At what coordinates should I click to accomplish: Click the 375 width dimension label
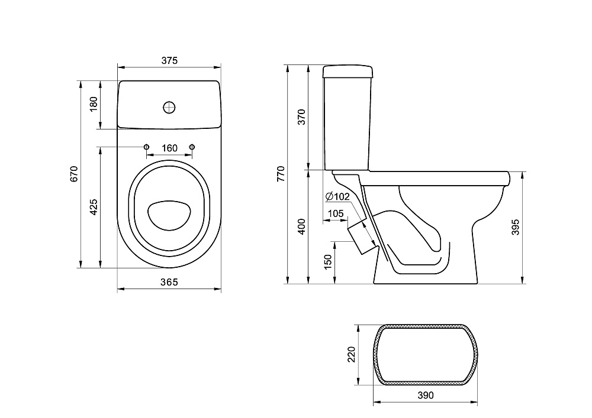tap(169, 60)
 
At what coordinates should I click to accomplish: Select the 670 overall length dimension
tap(73, 174)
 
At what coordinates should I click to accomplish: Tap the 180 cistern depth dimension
tap(94, 104)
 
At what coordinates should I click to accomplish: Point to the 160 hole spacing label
tap(169, 148)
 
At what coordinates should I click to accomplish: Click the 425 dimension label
tap(94, 207)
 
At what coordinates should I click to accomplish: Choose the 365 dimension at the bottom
tap(169, 282)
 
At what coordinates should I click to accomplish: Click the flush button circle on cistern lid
tap(169, 108)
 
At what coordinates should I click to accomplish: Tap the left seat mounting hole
tap(146, 147)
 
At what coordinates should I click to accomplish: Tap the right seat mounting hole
tap(192, 147)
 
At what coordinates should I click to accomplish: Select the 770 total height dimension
tap(281, 174)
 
